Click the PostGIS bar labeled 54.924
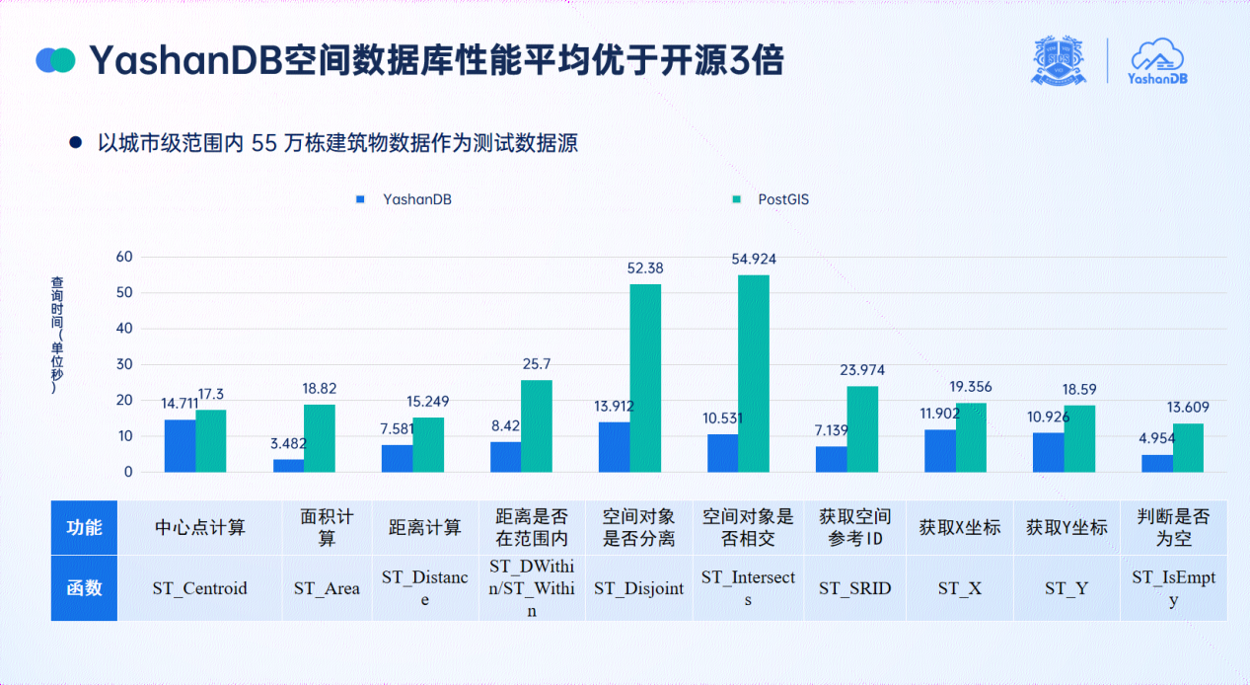pyautogui.click(x=754, y=373)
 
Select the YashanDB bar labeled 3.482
pyautogui.click(x=288, y=465)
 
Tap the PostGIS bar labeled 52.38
pyautogui.click(x=645, y=378)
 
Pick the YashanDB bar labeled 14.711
pyautogui.click(x=180, y=445)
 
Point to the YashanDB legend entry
pyautogui.click(x=404, y=199)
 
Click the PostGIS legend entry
pyautogui.click(x=773, y=199)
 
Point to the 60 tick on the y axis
pyautogui.click(x=124, y=257)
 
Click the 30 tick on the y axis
pyautogui.click(x=124, y=364)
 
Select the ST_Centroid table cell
pyautogui.click(x=199, y=588)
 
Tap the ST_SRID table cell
pyautogui.click(x=855, y=588)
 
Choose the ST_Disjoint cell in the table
pyautogui.click(x=638, y=588)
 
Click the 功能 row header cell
pyautogui.click(x=84, y=527)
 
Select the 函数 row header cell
pyautogui.click(x=84, y=588)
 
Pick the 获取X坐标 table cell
pyautogui.click(x=960, y=527)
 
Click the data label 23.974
pyautogui.click(x=861, y=370)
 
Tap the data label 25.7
pyautogui.click(x=538, y=364)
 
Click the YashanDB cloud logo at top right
pyautogui.click(x=1157, y=61)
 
